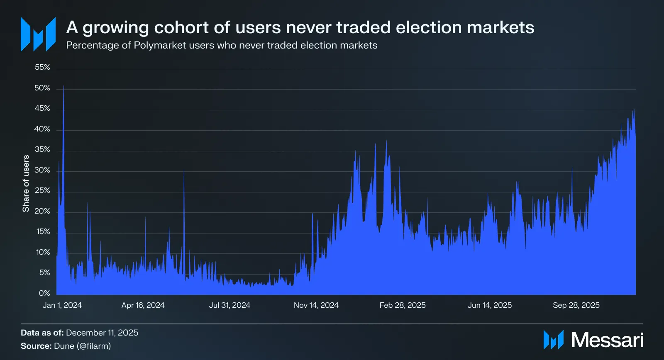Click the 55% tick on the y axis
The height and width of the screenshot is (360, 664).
pyautogui.click(x=42, y=67)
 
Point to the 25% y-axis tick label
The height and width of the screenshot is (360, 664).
pyautogui.click(x=42, y=190)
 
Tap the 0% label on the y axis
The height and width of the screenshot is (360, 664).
pyautogui.click(x=44, y=293)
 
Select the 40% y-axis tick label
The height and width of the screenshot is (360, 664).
pyautogui.click(x=42, y=129)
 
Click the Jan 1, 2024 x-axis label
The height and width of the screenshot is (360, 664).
pyautogui.click(x=62, y=305)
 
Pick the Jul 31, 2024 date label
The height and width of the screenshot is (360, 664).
pyautogui.click(x=229, y=305)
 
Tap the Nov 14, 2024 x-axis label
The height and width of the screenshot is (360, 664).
pyautogui.click(x=316, y=305)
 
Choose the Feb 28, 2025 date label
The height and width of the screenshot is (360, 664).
pyautogui.click(x=403, y=305)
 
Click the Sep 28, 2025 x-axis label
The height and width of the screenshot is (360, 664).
pyautogui.click(x=576, y=305)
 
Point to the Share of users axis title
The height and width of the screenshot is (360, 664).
pyautogui.click(x=26, y=184)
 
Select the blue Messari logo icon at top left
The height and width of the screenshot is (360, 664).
pyautogui.click(x=38, y=34)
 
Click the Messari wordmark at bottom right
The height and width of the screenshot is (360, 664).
pyautogui.click(x=607, y=340)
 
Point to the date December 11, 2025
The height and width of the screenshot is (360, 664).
pyautogui.click(x=102, y=333)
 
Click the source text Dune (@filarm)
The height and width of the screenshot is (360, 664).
pyautogui.click(x=83, y=346)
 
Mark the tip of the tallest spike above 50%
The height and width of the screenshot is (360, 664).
pyautogui.click(x=63, y=86)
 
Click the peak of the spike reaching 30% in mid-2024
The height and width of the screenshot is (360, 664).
pyautogui.click(x=184, y=170)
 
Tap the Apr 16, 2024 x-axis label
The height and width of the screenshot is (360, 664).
pyautogui.click(x=143, y=305)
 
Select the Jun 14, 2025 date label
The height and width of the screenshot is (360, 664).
pyautogui.click(x=490, y=305)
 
